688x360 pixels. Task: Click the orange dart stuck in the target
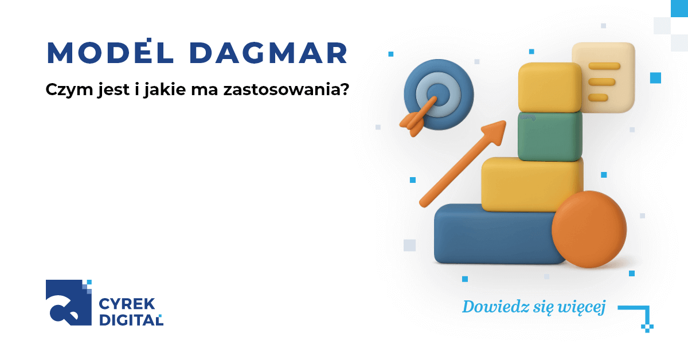[x=415, y=117]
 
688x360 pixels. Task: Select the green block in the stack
[x=549, y=136]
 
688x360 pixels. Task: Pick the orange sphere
[x=588, y=229]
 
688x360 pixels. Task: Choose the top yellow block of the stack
[x=549, y=87]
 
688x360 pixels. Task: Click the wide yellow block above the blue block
[x=530, y=184]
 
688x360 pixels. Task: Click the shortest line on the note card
[x=598, y=97]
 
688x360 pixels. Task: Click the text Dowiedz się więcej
[x=534, y=307]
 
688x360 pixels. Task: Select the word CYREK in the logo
[x=124, y=304]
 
